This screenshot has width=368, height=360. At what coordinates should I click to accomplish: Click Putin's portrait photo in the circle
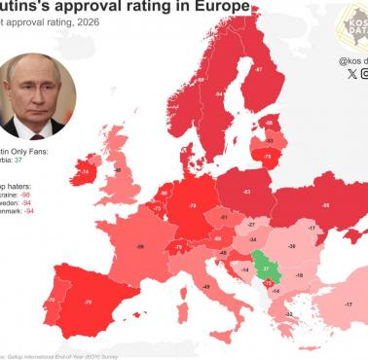click(x=37, y=94)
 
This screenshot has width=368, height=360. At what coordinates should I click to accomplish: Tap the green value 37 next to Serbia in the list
click(x=46, y=160)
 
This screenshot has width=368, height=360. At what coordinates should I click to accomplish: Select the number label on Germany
click(x=192, y=206)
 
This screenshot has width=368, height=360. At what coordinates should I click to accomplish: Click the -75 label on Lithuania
click(x=266, y=155)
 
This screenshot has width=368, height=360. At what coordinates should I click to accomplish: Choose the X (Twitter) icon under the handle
click(x=351, y=73)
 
